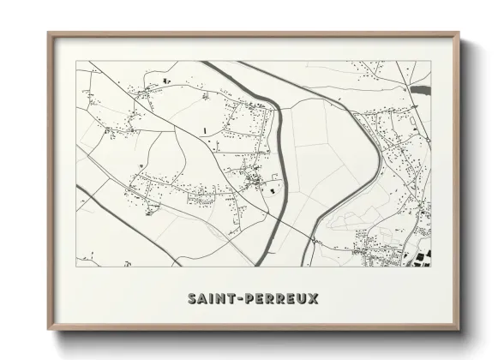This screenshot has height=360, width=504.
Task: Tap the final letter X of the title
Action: [314, 298]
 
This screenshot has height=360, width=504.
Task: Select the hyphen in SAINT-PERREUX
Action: [243, 298]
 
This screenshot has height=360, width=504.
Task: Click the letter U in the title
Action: [302, 298]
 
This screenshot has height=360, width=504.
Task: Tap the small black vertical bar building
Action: [207, 129]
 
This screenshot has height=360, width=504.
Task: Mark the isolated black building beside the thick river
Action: [273, 192]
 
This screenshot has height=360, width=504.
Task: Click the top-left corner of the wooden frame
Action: [49, 33]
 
